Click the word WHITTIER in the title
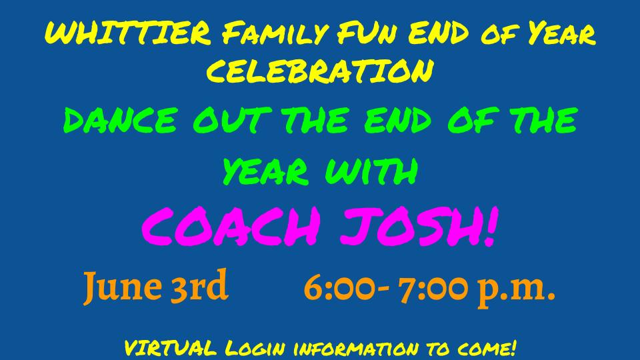click(127, 33)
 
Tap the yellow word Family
click(275, 33)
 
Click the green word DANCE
click(120, 120)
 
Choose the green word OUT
click(232, 120)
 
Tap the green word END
click(397, 120)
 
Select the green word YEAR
click(265, 171)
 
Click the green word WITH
click(371, 171)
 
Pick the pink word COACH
click(231, 226)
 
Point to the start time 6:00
click(339, 288)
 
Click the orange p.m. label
click(517, 291)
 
